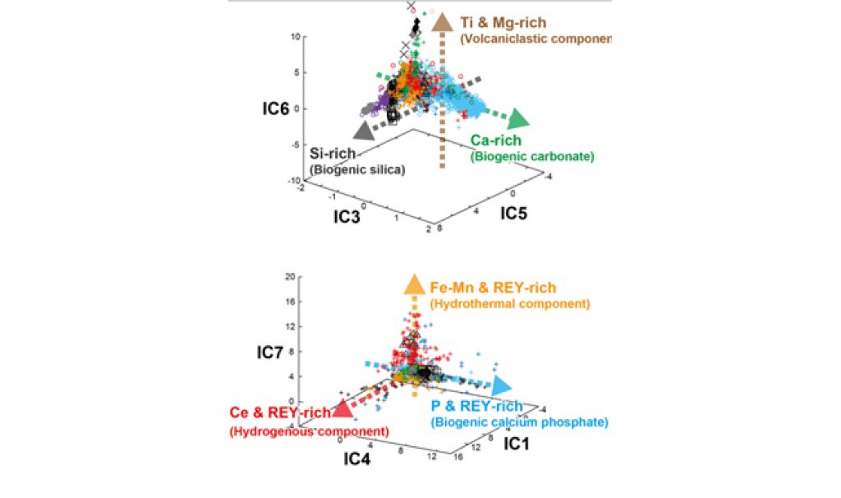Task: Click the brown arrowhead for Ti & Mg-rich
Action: (443, 23)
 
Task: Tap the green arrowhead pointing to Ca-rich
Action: (518, 121)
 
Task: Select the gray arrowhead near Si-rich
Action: (365, 129)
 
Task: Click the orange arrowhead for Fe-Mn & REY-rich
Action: (412, 285)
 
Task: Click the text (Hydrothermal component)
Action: (509, 303)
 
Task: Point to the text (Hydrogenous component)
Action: (310, 431)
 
